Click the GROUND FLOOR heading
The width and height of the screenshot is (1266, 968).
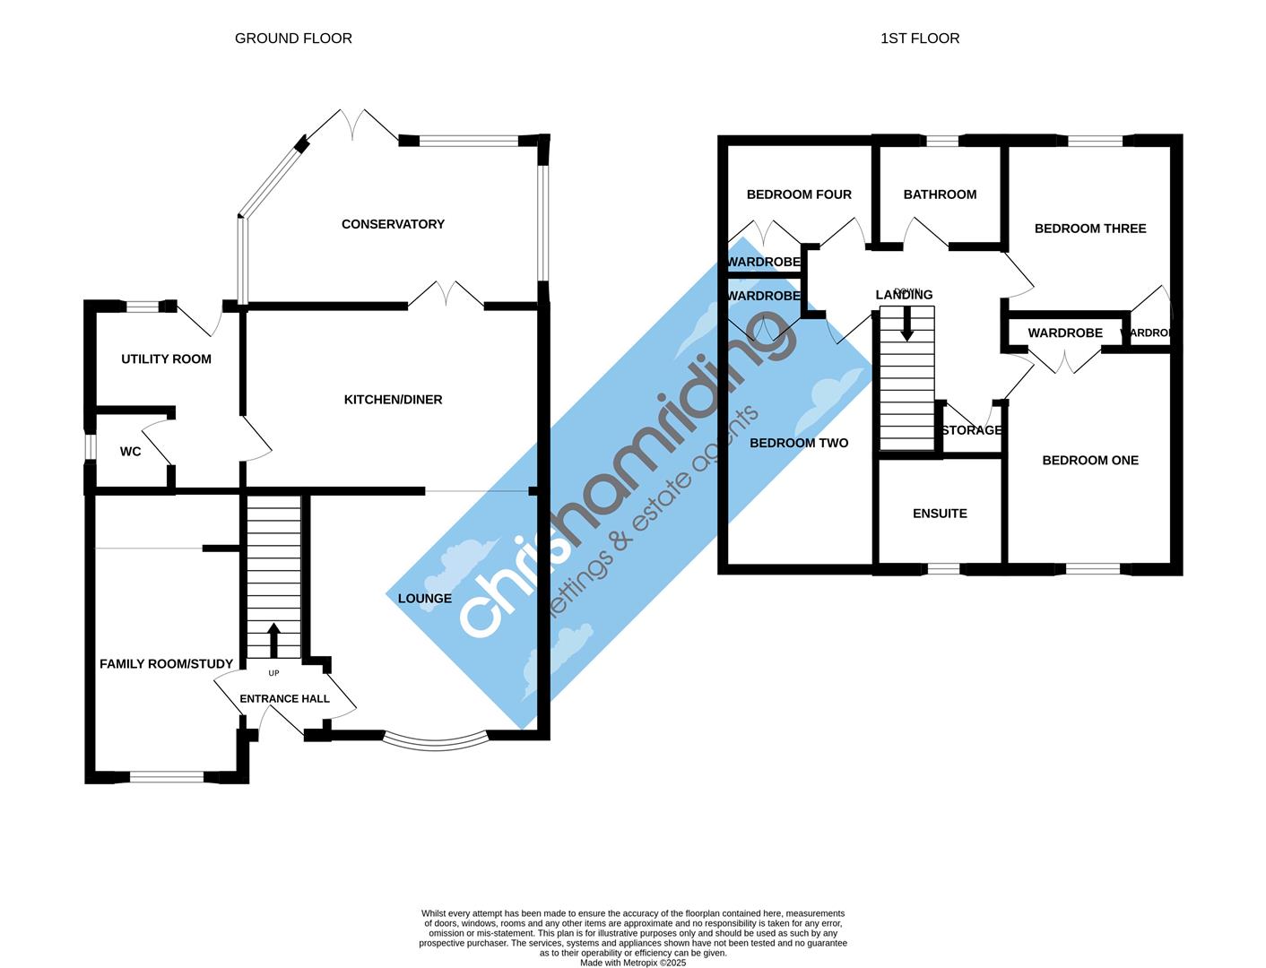(x=293, y=38)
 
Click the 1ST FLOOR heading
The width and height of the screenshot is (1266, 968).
(x=920, y=38)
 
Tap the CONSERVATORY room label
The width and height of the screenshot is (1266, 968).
(x=393, y=224)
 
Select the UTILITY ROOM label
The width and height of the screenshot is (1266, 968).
(x=166, y=359)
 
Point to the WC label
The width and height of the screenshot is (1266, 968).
(x=130, y=452)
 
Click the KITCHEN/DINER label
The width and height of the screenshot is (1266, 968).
(x=393, y=399)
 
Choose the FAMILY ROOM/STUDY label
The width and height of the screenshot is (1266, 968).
(x=166, y=663)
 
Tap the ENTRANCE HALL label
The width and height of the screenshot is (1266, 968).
(x=284, y=698)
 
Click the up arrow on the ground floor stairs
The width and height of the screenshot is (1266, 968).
(x=273, y=640)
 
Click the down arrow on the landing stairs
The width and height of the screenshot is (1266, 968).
(x=906, y=324)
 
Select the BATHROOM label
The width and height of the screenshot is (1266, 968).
(x=940, y=194)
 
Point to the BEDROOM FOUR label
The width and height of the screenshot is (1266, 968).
(x=799, y=194)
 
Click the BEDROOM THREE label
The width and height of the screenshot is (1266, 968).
(x=1090, y=229)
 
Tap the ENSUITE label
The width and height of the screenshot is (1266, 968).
(x=940, y=514)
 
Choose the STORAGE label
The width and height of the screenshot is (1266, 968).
(x=972, y=430)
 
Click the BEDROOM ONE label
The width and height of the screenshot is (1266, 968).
(x=1090, y=460)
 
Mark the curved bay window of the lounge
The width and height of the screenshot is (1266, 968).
(x=436, y=741)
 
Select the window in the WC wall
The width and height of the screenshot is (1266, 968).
(x=90, y=447)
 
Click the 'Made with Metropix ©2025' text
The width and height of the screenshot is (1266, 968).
(x=633, y=963)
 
